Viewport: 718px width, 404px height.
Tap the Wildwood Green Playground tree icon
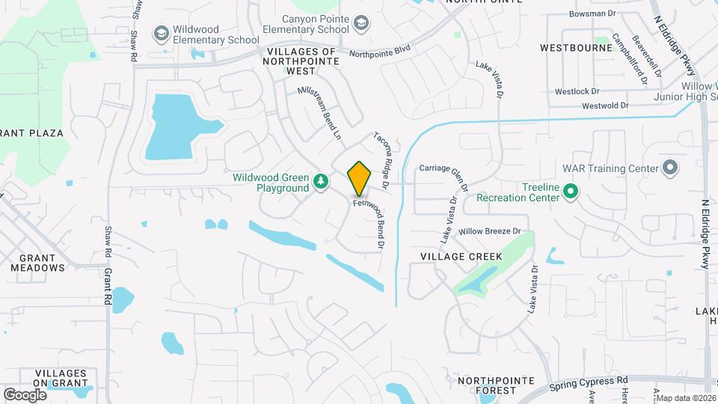[x=321, y=180]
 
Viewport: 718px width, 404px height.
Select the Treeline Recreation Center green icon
[x=571, y=191]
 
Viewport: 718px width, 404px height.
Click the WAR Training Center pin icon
[x=669, y=168]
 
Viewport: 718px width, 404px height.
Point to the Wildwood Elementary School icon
[x=160, y=33]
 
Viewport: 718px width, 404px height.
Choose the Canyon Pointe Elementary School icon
[x=361, y=25]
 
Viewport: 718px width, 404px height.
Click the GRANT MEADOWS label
[x=38, y=262]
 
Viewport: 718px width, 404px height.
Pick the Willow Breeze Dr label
[x=489, y=233]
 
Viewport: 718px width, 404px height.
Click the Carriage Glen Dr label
[x=444, y=174]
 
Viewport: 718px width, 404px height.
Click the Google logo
[x=25, y=394]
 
